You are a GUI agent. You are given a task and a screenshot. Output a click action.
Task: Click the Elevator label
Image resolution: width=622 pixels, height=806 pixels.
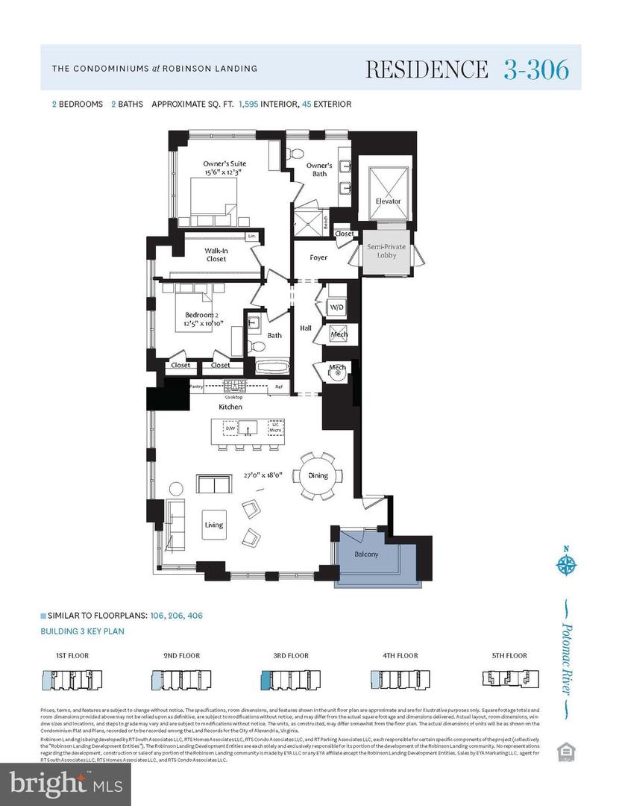(388, 201)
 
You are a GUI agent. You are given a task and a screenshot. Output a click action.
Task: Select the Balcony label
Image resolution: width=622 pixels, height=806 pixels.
(366, 554)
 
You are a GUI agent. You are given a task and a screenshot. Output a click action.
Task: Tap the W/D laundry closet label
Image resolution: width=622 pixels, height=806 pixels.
(338, 307)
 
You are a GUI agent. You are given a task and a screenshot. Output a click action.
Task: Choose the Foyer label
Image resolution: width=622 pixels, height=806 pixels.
(318, 257)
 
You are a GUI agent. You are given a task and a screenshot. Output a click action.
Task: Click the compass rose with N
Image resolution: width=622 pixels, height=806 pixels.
(566, 563)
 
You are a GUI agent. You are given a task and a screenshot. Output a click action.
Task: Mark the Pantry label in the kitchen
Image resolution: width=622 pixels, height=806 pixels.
(197, 387)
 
